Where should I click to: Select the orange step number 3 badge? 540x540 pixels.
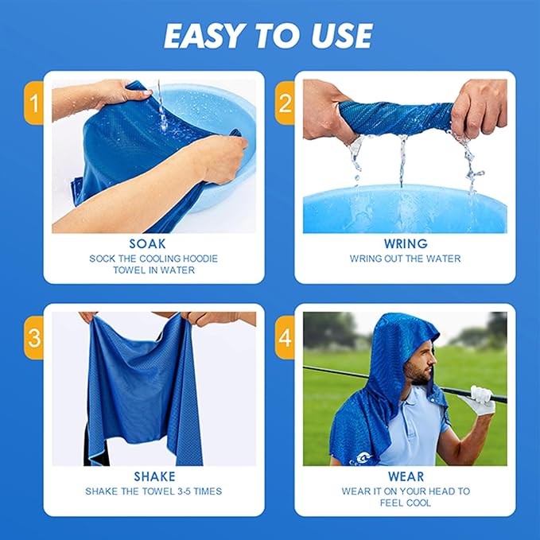point(33,336)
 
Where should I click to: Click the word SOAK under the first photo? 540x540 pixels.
point(153,244)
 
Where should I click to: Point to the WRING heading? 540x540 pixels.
point(405,244)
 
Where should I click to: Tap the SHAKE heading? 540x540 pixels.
point(153,476)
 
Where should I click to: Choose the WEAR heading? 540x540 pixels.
point(405,476)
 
